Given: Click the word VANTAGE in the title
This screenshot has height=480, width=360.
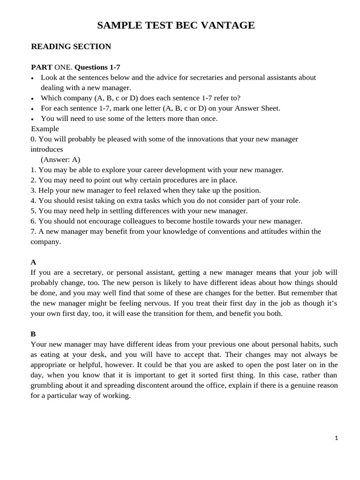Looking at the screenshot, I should coord(228,26).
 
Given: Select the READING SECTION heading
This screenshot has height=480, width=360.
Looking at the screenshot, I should coord(71,46).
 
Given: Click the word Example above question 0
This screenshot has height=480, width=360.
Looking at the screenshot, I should coord(45,128).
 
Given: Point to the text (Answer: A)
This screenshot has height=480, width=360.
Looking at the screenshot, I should coord(60,159).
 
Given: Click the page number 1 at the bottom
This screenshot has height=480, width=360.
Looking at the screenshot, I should coord(336,438).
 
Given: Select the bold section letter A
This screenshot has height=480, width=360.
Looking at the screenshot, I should coord(33,262).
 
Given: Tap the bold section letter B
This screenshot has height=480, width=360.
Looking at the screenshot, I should coord(33,334).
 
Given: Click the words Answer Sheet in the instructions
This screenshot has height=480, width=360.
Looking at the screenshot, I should coord(257,108).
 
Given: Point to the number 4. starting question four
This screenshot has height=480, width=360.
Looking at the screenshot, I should coord(33,201).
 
